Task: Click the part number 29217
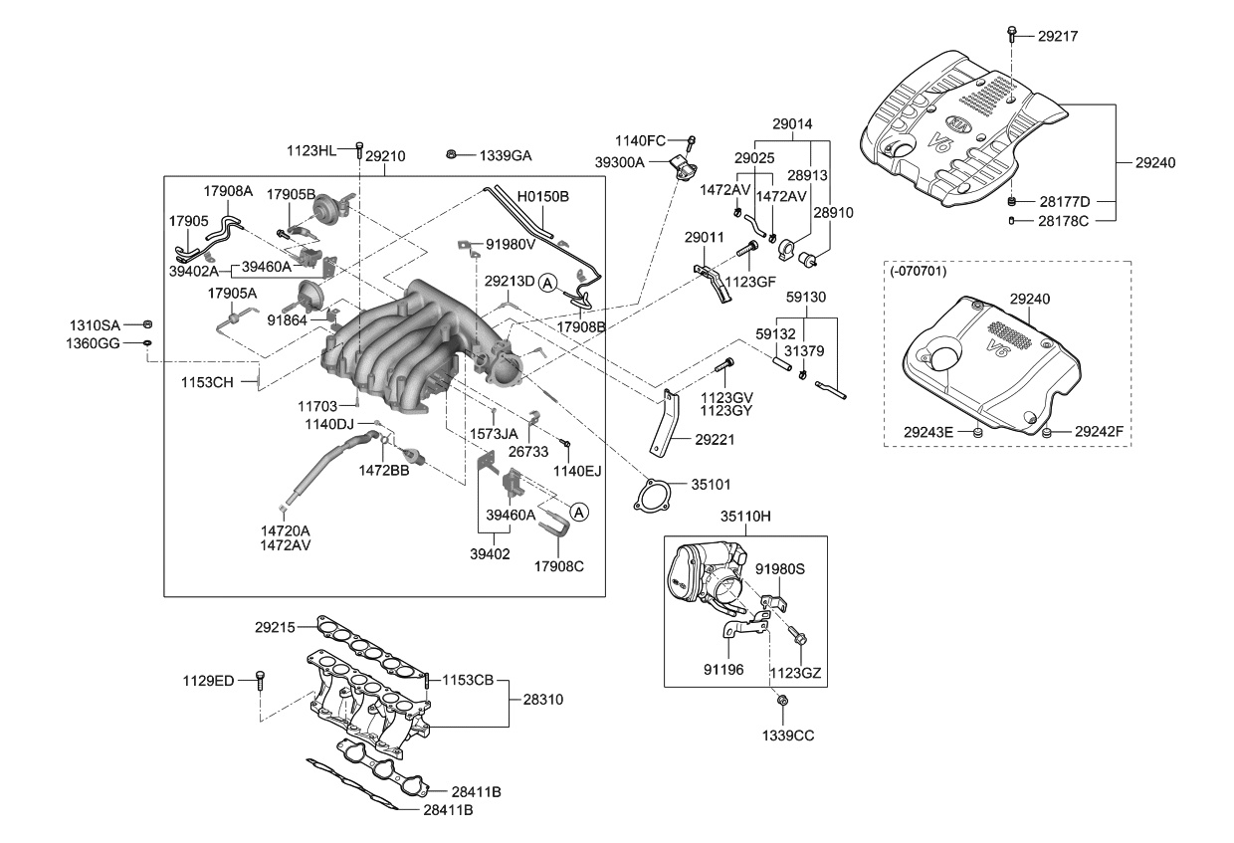point(1058,36)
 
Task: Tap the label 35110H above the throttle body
point(746,518)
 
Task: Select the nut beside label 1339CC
point(781,702)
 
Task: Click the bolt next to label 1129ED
point(261,680)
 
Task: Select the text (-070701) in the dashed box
point(916,271)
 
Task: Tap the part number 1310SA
point(95,325)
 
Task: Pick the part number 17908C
point(558,566)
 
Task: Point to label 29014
point(792,124)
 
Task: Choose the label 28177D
point(1064,201)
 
